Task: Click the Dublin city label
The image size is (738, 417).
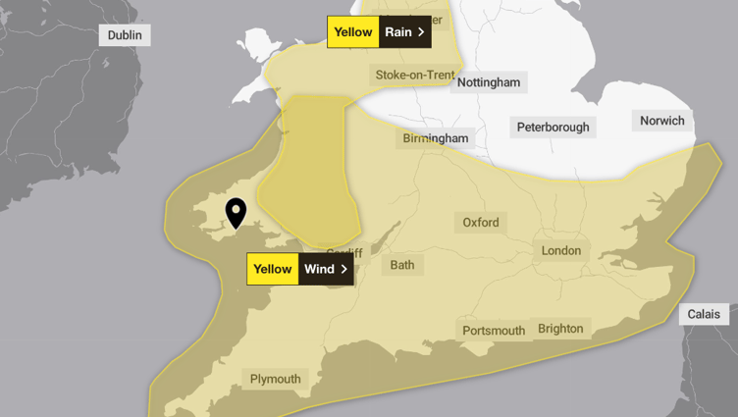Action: coord(125,35)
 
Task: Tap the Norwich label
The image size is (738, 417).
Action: coord(661,121)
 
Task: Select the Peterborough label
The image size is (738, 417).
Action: coord(553,127)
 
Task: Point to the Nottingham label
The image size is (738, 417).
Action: coord(488,82)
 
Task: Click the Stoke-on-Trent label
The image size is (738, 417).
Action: coord(415,75)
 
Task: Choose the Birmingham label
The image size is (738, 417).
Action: coord(436,138)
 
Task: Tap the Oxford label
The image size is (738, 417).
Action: coord(481,222)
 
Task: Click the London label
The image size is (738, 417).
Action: coord(561,250)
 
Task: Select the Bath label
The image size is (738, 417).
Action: coord(402,264)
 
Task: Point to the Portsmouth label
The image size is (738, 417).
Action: coord(494,331)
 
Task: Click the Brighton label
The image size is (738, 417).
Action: coord(560,329)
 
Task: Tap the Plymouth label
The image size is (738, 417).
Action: coord(275,379)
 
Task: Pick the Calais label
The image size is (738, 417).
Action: coord(704,315)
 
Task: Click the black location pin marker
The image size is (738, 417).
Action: coord(236,211)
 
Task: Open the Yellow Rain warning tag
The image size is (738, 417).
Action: coord(379,31)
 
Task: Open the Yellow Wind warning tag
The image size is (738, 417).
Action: coord(299,269)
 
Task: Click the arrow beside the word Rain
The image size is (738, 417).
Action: coord(422,32)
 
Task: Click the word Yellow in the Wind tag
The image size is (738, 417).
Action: coord(273,269)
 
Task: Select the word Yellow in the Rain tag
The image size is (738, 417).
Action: coord(353,32)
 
